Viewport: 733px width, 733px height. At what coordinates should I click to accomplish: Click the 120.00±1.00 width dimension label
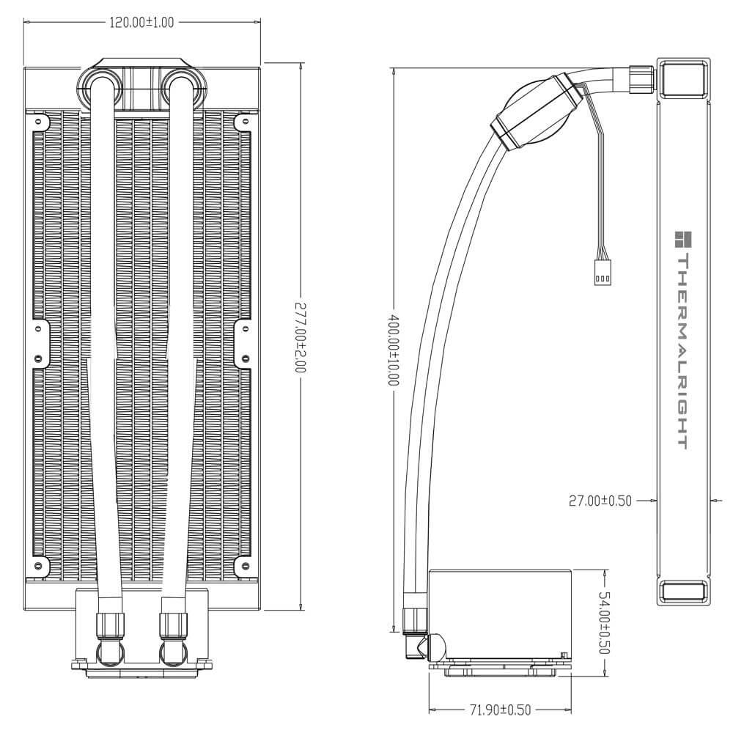coord(141,23)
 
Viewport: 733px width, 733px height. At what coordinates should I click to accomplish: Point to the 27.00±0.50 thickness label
coord(600,501)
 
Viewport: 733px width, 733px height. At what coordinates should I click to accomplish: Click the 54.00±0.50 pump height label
coord(604,622)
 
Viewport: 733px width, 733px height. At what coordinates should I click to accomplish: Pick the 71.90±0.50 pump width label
coord(499,710)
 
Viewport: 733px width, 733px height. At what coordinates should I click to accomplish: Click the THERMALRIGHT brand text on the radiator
coord(681,352)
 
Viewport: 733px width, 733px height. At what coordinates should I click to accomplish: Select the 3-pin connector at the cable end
coord(603,273)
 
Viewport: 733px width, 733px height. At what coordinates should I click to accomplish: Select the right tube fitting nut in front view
coord(174,625)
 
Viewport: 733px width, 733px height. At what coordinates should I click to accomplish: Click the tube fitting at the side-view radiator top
coord(641,78)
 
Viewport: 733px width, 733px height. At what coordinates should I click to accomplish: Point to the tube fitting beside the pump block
coord(415,619)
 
